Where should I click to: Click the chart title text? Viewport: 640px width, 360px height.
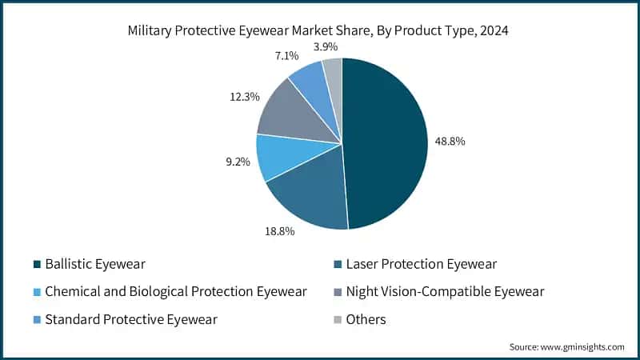(x=320, y=32)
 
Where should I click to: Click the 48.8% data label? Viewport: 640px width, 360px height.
(x=450, y=141)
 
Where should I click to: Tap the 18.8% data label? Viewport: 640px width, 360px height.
(x=279, y=231)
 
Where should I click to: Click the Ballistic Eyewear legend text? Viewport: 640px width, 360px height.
(x=96, y=263)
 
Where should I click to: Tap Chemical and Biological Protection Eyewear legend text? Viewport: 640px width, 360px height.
(x=176, y=291)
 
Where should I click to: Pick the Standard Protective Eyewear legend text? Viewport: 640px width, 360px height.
(x=131, y=319)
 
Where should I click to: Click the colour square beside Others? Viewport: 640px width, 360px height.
(x=338, y=320)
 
